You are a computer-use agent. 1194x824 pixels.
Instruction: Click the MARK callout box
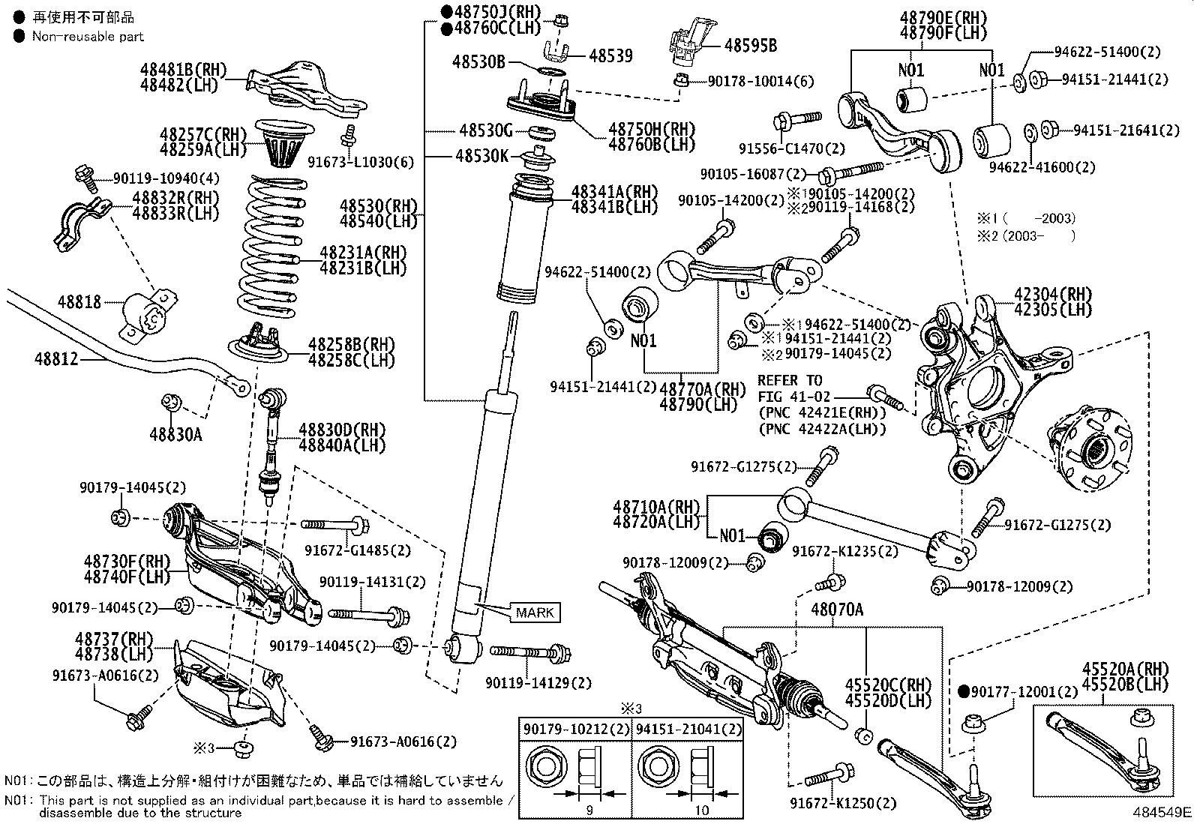[535, 613]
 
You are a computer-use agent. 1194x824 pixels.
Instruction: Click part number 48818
[79, 302]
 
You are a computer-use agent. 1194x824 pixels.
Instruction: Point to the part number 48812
[55, 359]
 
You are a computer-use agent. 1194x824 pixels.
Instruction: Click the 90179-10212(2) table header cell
[576, 729]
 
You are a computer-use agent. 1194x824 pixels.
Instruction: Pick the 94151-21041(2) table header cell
[688, 729]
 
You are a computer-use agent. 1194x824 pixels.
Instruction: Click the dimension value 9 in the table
[589, 810]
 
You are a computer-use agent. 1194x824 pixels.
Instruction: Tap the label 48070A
[836, 610]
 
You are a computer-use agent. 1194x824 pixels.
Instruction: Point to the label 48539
[610, 55]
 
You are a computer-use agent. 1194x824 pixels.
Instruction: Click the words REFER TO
[789, 380]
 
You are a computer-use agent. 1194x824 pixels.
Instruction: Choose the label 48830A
[175, 434]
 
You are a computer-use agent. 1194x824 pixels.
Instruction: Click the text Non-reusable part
[88, 36]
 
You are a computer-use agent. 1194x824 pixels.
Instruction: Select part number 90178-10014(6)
[760, 81]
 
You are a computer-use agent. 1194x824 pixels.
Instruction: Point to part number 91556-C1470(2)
[781, 148]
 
